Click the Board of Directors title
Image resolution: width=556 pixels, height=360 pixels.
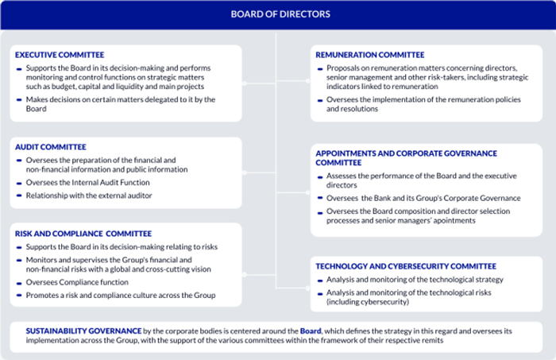278,14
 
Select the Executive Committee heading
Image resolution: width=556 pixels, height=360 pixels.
60,55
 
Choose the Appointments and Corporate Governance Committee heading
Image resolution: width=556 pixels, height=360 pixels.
405,153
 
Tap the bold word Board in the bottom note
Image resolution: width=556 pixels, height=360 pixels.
311,329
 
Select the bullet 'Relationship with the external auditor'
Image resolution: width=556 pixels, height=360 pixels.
89,195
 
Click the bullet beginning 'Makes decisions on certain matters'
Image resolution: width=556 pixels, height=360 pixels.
119,100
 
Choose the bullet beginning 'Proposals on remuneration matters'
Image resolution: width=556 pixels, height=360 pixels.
421,68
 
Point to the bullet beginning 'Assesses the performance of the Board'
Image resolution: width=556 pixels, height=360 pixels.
421,176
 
